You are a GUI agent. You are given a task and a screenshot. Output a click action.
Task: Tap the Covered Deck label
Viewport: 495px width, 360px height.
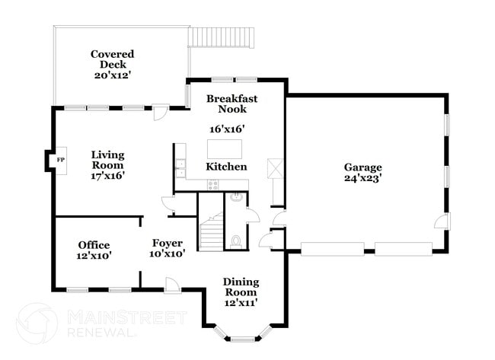pyautogui.click(x=112, y=65)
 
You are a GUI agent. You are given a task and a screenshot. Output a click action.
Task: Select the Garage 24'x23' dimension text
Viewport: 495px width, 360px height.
pyautogui.click(x=362, y=179)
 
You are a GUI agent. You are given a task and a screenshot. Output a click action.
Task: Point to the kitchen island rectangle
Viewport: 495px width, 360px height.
pyautogui.click(x=225, y=148)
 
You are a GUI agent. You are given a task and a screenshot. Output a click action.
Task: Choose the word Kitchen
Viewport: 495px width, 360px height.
pyautogui.click(x=226, y=167)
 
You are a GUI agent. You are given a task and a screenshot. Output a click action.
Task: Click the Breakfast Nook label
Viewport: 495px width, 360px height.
pyautogui.click(x=232, y=104)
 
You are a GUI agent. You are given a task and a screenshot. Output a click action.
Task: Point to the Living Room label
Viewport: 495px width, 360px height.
pyautogui.click(x=107, y=165)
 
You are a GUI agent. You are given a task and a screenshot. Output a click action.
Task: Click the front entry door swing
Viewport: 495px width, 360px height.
pyautogui.click(x=173, y=283)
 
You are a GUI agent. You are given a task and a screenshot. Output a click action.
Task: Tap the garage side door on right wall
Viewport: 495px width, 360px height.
pyautogui.click(x=439, y=221)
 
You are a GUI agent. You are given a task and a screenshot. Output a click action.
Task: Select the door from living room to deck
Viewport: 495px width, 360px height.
pyautogui.click(x=161, y=113)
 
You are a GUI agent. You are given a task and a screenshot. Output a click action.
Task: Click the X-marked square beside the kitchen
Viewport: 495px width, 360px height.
pyautogui.click(x=275, y=168)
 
